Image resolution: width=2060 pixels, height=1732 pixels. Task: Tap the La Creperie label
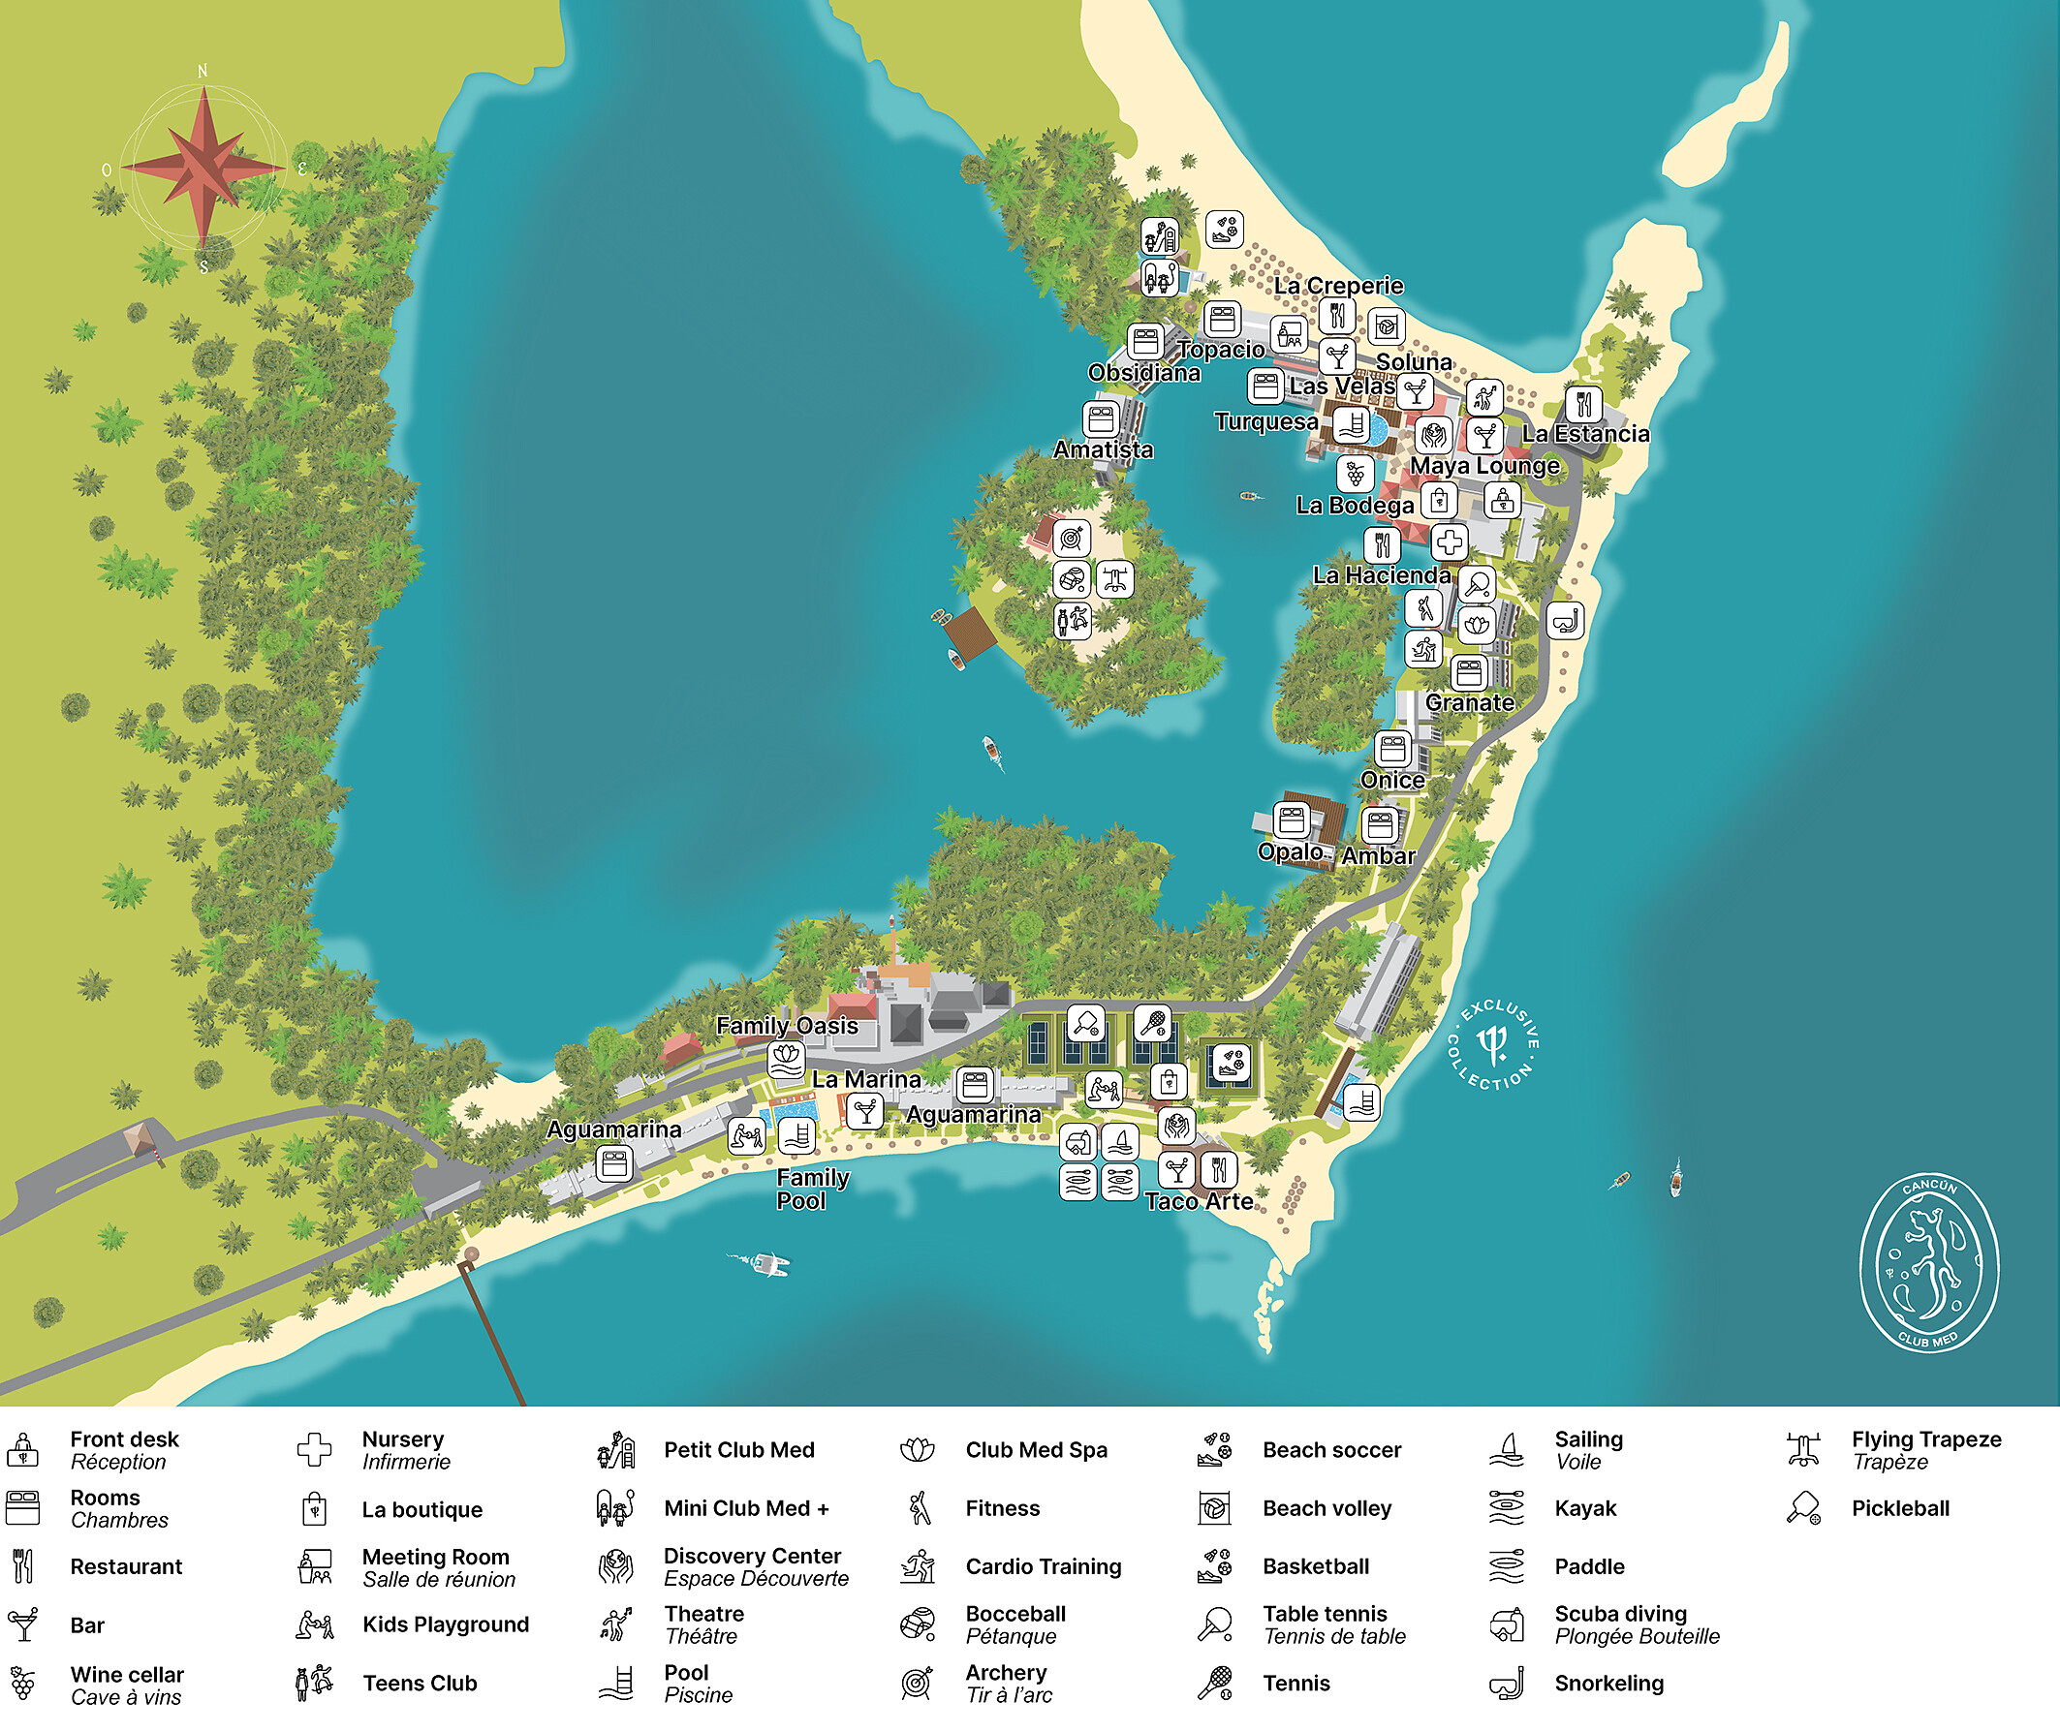[1338, 286]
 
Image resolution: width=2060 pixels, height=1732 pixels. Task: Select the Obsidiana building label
[1144, 373]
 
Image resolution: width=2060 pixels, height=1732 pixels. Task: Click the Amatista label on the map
[1103, 449]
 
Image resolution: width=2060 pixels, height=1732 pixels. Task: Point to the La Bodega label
[1354, 506]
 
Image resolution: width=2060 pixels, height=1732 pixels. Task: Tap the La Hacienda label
[1382, 575]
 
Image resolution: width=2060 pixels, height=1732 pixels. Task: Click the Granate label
[1469, 703]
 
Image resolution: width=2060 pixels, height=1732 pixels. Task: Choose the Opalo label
[1291, 852]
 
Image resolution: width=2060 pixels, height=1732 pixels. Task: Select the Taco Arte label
[1199, 1202]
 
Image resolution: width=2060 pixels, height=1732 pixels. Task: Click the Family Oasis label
[787, 1026]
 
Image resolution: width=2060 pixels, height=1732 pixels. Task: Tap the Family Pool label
[812, 1189]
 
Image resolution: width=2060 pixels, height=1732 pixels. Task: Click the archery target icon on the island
[1072, 538]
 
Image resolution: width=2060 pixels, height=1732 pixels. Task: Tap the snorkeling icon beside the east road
[1564, 621]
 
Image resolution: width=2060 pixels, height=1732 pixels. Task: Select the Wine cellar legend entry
[126, 1685]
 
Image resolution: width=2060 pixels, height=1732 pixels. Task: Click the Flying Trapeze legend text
[1925, 1449]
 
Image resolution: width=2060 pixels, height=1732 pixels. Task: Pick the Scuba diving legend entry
[1620, 1625]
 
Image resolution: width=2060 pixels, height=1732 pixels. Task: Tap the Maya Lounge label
[1484, 465]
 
